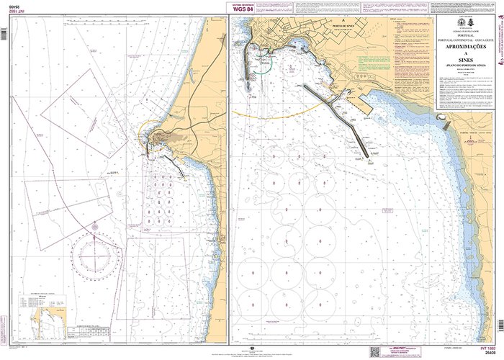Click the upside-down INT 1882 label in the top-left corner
click(x=11, y=16)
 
